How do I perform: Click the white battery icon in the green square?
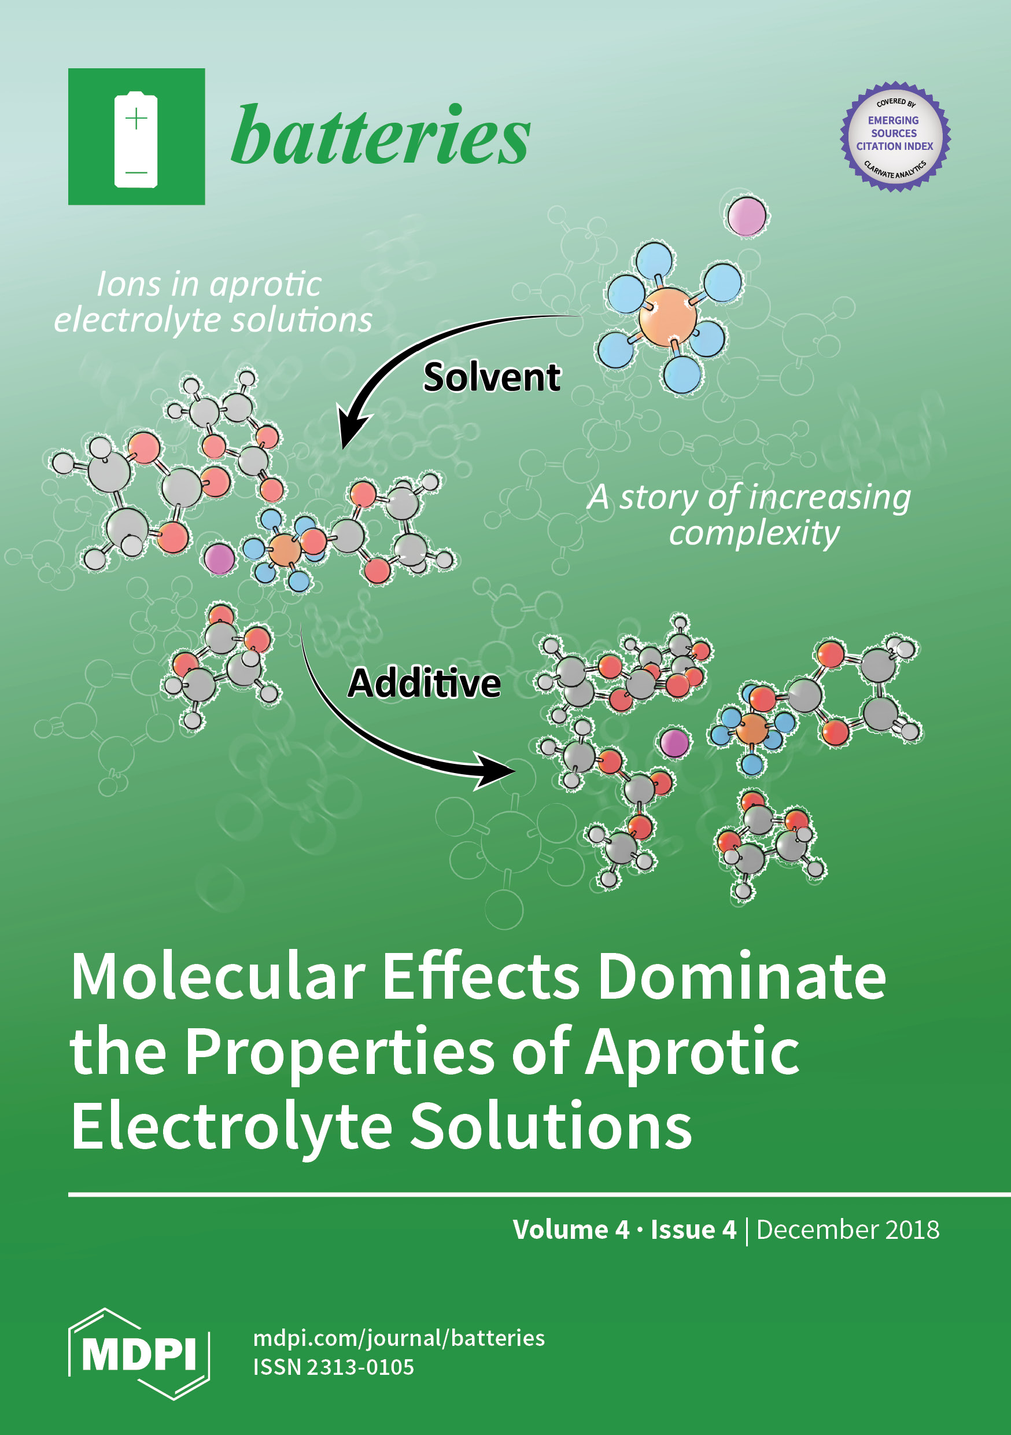pos(135,139)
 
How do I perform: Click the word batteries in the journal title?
pos(381,135)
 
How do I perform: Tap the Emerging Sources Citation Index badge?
pos(895,136)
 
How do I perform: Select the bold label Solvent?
pos(492,377)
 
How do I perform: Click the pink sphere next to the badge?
pos(747,216)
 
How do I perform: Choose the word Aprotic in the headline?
pos(692,1053)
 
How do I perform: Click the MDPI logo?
pos(139,1354)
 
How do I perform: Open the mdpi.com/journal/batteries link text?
pos(399,1339)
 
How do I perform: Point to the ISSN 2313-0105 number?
pos(334,1368)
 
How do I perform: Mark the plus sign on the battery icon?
pos(136,118)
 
